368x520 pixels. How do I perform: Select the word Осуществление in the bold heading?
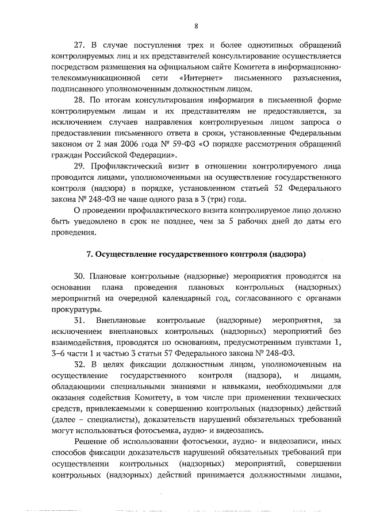pyautogui.click(x=124, y=255)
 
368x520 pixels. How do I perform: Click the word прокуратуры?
pyautogui.click(x=74, y=310)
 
